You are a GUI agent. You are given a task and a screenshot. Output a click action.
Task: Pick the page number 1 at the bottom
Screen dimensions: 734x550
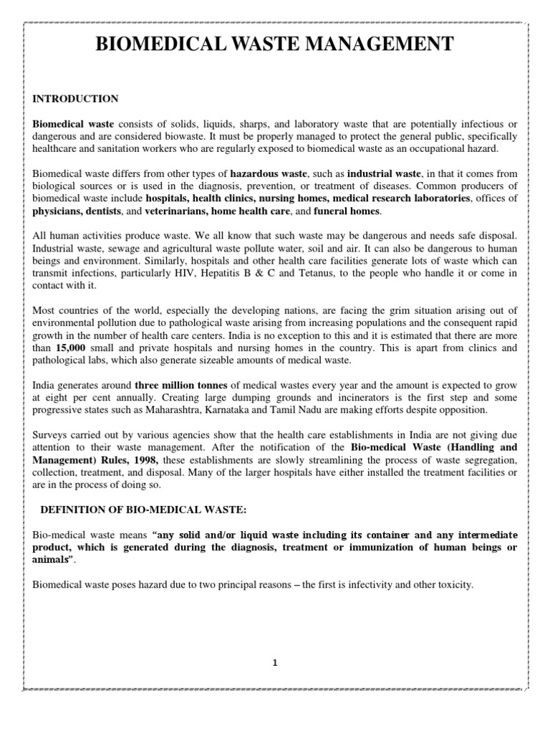coord(275,662)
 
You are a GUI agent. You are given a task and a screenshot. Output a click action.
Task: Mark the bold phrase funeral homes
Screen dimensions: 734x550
coord(348,211)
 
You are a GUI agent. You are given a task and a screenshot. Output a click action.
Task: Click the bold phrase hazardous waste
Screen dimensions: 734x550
coord(268,173)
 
